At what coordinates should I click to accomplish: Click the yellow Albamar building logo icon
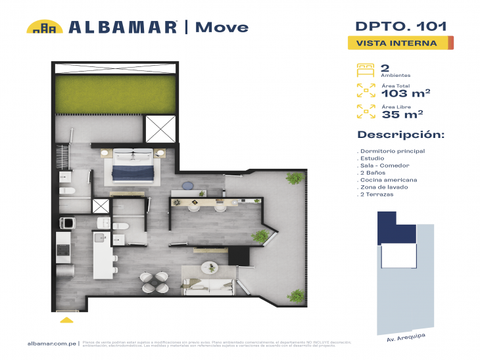[x=45, y=27]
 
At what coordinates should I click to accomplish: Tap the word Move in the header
[x=222, y=27]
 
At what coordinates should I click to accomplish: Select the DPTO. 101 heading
[x=401, y=26]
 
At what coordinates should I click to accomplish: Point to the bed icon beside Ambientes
[x=365, y=69]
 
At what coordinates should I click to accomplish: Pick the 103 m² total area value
[x=406, y=93]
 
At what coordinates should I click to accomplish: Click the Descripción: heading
[x=400, y=135]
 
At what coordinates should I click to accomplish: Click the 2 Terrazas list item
[x=379, y=195]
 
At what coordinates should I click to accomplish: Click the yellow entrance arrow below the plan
[x=66, y=320]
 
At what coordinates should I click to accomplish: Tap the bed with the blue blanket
[x=134, y=166]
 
